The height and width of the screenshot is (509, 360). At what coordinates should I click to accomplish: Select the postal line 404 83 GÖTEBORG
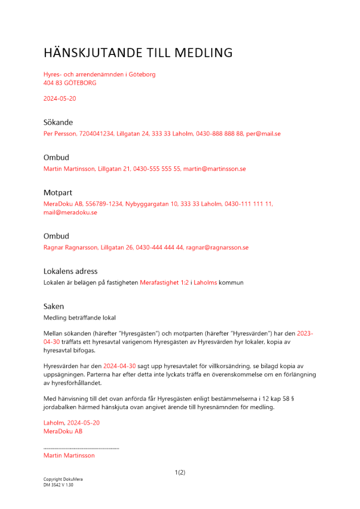70,82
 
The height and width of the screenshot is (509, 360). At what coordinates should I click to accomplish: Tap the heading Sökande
58,122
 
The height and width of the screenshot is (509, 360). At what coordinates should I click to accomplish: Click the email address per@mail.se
263,134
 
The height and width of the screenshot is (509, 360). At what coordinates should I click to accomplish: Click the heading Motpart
58,192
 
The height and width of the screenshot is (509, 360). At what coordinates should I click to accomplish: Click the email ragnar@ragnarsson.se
217,247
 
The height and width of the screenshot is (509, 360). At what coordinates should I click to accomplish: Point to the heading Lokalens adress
70,271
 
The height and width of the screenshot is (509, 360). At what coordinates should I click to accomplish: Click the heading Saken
53,306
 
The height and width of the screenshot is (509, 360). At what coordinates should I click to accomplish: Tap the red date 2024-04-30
120,366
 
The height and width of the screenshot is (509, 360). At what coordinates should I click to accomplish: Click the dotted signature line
81,448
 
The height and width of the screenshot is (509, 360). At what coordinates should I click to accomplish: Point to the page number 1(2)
180,472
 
